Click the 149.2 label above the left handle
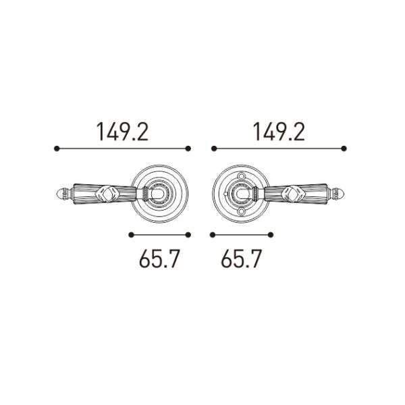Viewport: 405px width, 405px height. click(x=122, y=132)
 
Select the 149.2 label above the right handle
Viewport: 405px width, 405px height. click(x=279, y=132)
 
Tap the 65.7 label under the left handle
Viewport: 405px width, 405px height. click(x=159, y=259)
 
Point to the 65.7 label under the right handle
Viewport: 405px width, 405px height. click(x=241, y=259)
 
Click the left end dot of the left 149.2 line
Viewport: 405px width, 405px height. click(x=57, y=148)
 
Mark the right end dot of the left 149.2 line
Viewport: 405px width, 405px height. click(x=188, y=148)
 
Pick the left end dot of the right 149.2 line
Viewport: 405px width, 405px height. click(x=214, y=148)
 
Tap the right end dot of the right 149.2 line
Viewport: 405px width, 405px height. click(x=344, y=148)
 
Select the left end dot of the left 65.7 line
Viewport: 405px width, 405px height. click(x=131, y=235)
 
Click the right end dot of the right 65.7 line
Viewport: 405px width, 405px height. click(x=271, y=235)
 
